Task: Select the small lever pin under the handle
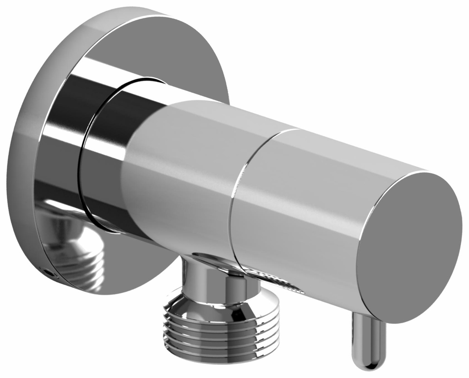point(366,341)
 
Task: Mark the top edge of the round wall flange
point(137,11)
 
